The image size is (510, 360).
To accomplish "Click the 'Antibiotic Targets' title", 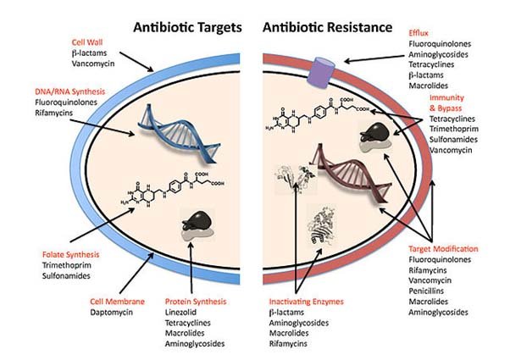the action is [x=188, y=28].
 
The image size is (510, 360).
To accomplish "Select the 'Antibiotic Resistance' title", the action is [x=328, y=28].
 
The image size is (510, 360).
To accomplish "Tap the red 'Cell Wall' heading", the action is [x=87, y=42].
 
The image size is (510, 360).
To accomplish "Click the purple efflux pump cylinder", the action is [x=321, y=73].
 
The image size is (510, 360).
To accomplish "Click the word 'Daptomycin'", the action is [x=112, y=313].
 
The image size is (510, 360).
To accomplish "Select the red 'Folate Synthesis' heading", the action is [x=70, y=255].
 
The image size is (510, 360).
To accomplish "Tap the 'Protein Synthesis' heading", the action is [x=196, y=302].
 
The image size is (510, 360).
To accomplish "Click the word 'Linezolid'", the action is [x=180, y=313].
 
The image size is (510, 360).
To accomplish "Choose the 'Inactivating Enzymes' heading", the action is [x=306, y=302].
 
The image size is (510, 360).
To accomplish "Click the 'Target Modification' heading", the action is [x=443, y=249].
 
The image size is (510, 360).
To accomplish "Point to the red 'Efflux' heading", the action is [x=419, y=33].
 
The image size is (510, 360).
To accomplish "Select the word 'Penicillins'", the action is [x=426, y=291].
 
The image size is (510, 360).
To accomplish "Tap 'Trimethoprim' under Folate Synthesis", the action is [x=67, y=265].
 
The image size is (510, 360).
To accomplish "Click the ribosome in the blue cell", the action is [x=197, y=225].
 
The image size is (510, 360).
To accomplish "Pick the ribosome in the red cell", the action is [x=375, y=136].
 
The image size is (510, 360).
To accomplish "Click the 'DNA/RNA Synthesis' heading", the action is [x=70, y=91].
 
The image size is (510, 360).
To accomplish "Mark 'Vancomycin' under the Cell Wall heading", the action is [x=93, y=64].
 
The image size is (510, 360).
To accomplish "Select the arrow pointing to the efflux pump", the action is [x=374, y=58].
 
